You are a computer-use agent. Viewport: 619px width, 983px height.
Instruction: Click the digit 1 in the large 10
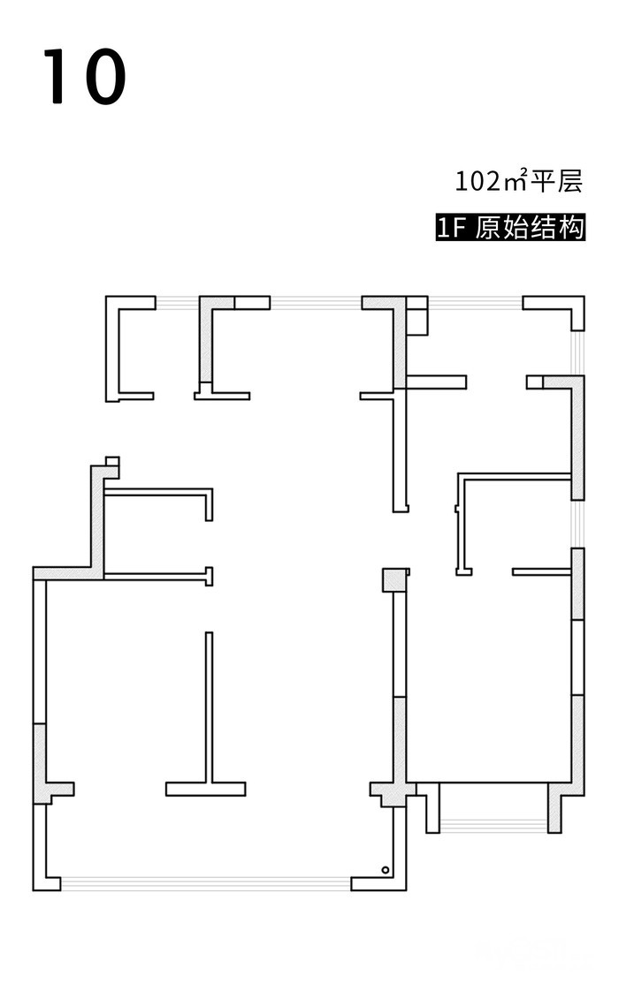pos(56,77)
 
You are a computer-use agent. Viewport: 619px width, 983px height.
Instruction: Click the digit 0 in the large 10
pos(102,77)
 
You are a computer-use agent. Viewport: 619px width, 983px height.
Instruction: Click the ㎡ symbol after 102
pos(515,181)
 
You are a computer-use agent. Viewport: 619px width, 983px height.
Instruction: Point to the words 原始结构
pos(531,228)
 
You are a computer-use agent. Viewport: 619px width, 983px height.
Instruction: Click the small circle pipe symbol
pos(386,871)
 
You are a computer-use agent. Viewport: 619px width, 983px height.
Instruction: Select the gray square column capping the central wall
pos(394,579)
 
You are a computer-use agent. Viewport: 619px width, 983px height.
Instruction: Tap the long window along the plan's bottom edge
pos(205,883)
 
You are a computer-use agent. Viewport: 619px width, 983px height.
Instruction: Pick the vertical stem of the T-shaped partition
pos(209,707)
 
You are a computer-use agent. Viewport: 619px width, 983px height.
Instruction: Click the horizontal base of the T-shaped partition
pos(205,789)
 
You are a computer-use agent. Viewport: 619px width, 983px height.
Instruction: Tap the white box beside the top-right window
pos(417,316)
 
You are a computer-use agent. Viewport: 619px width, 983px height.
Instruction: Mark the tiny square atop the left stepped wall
pos(111,460)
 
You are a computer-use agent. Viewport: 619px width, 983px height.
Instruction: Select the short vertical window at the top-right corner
pos(577,353)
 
